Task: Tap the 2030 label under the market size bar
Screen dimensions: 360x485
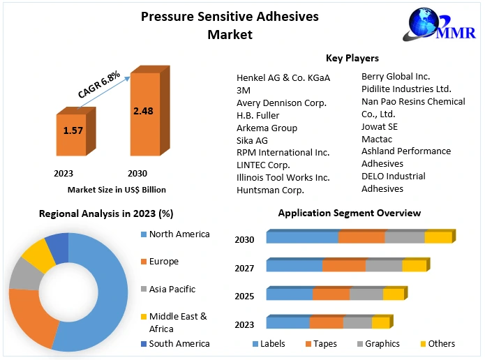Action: [137, 173]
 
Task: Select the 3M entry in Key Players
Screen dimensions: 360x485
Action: [244, 90]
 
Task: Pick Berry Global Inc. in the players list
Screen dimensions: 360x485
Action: [396, 76]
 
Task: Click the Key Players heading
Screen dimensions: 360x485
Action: [352, 58]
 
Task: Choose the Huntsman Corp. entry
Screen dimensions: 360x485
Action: [271, 189]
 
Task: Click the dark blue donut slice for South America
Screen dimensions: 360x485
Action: [57, 245]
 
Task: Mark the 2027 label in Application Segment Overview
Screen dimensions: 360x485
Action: [244, 268]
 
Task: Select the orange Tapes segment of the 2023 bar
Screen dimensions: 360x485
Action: [326, 322]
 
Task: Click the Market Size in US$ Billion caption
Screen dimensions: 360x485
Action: [117, 189]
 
